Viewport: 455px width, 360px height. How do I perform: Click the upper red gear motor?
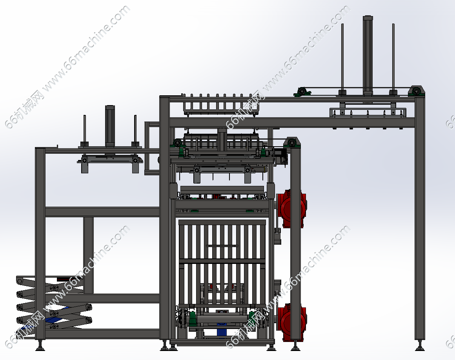point(291,208)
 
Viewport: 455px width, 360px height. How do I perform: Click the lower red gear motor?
point(291,322)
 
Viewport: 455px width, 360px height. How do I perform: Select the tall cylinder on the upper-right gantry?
point(368,56)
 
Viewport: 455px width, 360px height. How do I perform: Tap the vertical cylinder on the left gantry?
point(110,127)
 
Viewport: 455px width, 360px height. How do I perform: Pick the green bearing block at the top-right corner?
point(417,91)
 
